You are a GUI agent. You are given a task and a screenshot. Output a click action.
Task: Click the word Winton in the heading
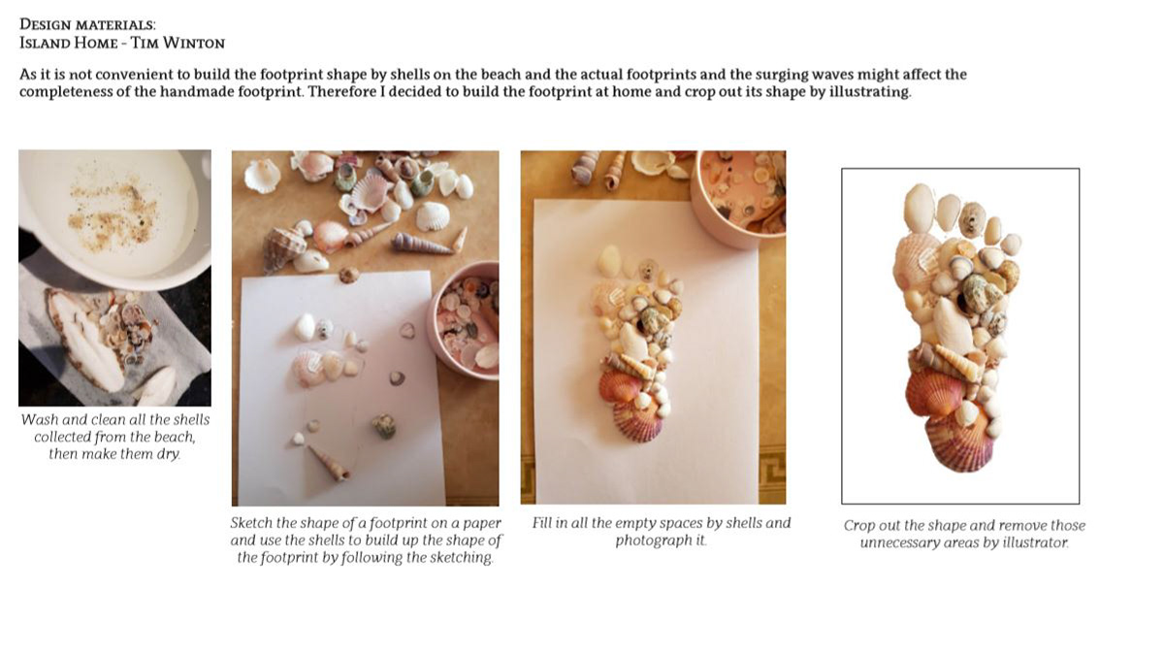(x=194, y=43)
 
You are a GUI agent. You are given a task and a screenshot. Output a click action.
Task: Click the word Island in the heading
(x=43, y=43)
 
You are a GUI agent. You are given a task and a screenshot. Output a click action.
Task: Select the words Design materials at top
(x=87, y=24)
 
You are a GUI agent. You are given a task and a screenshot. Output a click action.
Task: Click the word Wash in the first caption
(x=39, y=419)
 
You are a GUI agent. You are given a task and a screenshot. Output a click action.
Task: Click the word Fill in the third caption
(x=541, y=523)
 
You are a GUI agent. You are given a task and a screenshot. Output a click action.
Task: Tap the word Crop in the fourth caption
(x=858, y=526)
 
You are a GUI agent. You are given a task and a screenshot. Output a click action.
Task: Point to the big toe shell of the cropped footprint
(x=919, y=208)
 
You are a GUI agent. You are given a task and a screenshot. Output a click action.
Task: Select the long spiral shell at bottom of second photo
(x=329, y=463)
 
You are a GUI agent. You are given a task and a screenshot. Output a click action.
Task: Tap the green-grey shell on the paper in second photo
(x=384, y=426)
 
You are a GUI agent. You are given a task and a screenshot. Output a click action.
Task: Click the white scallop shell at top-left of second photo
(x=263, y=177)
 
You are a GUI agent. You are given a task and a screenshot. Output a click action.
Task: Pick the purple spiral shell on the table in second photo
(x=420, y=244)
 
